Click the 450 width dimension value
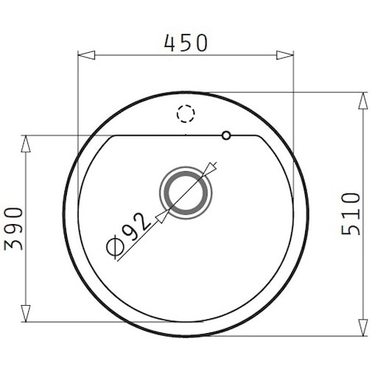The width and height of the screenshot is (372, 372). [x=185, y=43]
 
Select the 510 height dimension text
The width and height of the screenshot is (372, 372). [x=351, y=214]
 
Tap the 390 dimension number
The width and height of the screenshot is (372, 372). [x=13, y=229]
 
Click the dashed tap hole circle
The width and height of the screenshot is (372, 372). [x=186, y=113]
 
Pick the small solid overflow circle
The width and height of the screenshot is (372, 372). [x=227, y=136]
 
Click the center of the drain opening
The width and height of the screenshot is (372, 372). [x=186, y=193]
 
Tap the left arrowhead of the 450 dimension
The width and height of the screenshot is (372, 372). [x=87, y=55]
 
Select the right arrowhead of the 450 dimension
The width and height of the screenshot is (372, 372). [x=284, y=55]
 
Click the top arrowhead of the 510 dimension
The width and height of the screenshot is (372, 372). [x=363, y=101]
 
